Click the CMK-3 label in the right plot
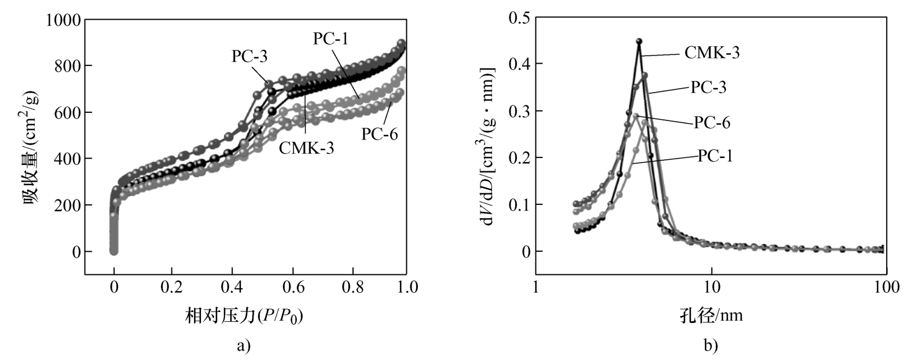712,53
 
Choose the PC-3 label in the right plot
708,87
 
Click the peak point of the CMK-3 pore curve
639,42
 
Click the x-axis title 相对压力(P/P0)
245,316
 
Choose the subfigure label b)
710,346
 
